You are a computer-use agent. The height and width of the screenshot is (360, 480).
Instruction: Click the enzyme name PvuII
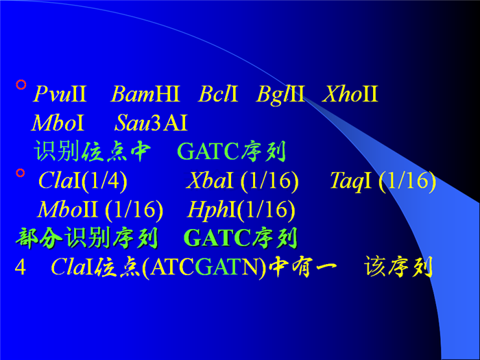coord(60,93)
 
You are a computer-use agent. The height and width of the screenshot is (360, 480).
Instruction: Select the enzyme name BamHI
coord(145,93)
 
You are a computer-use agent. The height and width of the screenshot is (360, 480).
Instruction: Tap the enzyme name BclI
coord(218,93)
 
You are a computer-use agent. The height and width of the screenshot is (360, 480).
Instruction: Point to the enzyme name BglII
coord(280,95)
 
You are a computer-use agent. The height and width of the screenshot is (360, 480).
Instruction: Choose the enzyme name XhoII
coord(350,93)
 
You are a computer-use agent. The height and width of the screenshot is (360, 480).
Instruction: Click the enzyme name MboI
coord(58,123)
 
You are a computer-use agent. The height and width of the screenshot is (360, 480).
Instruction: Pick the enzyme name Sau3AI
coord(151,123)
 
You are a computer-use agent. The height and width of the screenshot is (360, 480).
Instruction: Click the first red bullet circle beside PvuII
coord(21,84)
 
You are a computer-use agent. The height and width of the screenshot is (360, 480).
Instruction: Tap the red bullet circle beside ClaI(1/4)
coord(21,173)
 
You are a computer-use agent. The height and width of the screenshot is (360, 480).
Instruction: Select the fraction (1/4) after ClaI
coord(104,181)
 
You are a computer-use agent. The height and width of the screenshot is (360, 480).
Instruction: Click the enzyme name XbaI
coord(210,180)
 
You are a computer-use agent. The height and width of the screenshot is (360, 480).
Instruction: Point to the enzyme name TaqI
coord(351,181)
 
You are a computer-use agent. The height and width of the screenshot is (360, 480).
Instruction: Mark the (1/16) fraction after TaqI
coord(407,181)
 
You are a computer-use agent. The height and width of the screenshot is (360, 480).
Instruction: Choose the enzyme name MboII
coord(67,209)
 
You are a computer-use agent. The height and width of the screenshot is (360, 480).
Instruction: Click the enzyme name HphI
coord(211,211)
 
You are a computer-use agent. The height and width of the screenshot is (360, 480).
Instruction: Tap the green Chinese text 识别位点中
coord(93,151)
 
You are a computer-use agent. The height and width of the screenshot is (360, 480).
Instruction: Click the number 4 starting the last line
coord(20,267)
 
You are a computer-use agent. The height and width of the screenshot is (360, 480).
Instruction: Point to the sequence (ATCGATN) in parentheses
coord(204,267)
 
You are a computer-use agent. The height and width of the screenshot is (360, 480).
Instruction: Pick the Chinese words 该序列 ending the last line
coord(398,267)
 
